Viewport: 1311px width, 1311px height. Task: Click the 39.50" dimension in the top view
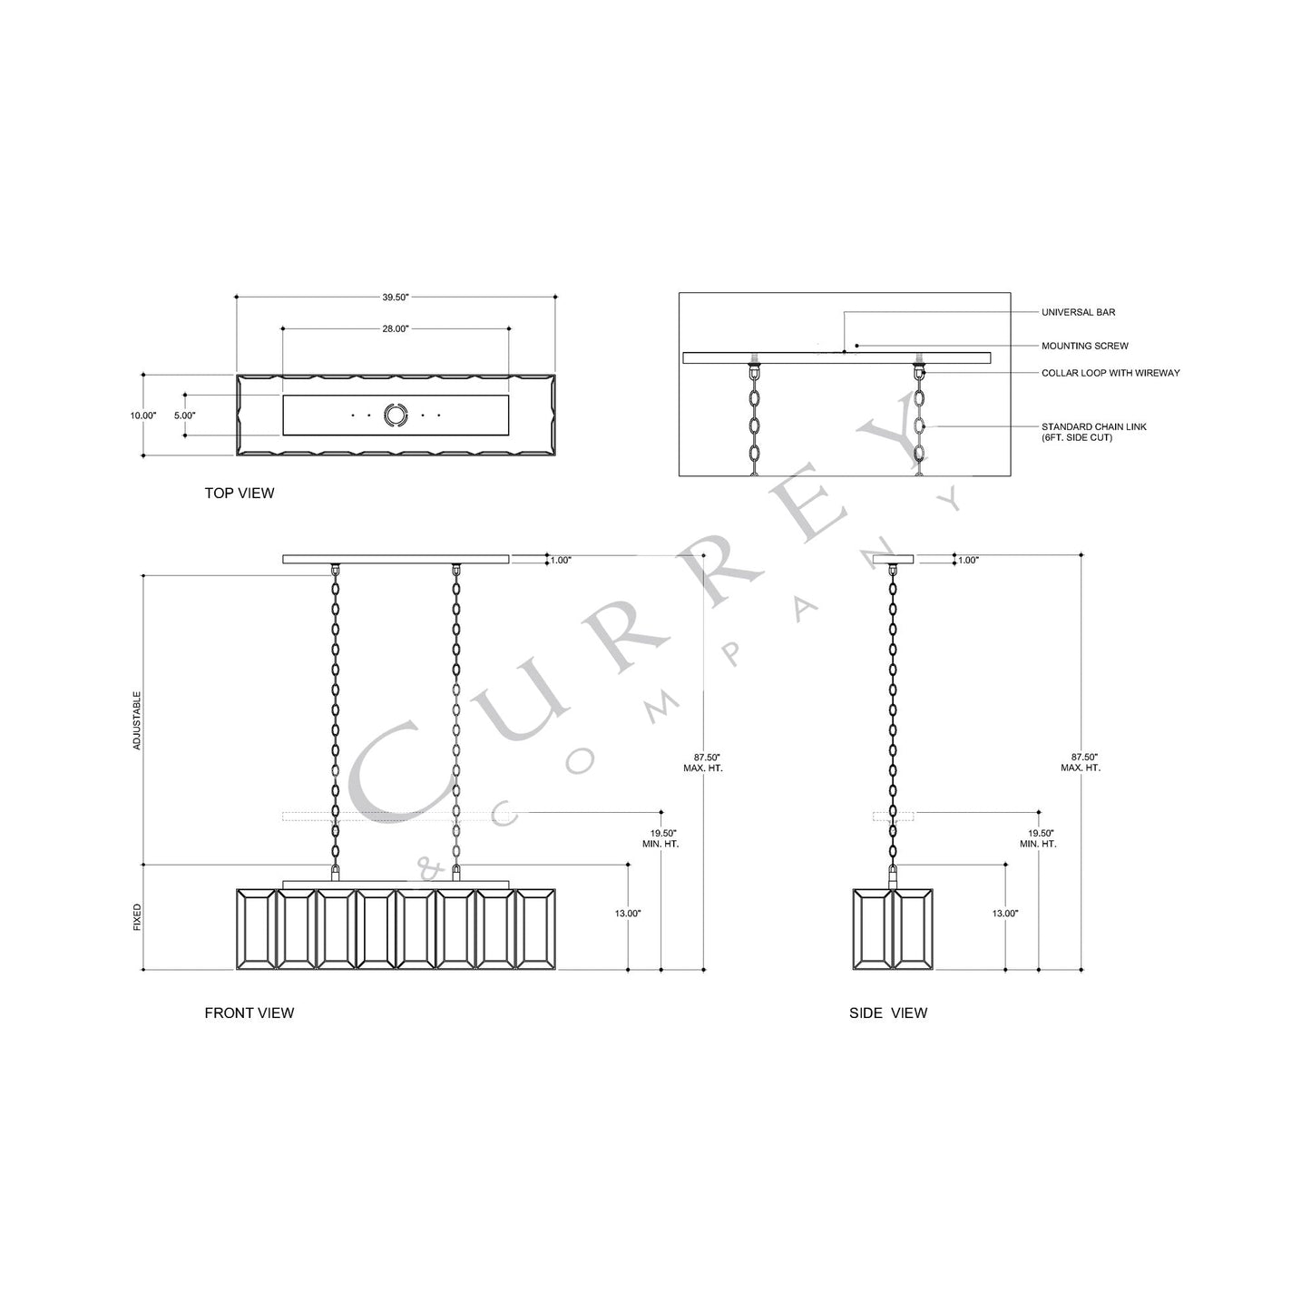click(396, 298)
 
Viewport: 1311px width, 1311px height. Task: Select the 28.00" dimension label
click(396, 328)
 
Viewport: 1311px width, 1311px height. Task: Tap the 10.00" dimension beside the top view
click(143, 416)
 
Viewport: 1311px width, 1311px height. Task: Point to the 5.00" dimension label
click(184, 416)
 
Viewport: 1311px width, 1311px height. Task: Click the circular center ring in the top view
click(396, 416)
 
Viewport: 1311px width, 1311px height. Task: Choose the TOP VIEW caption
click(240, 494)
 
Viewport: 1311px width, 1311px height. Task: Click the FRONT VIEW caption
click(249, 1013)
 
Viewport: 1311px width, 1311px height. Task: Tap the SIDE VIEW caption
click(888, 1013)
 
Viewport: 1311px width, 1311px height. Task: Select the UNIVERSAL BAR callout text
click(1079, 312)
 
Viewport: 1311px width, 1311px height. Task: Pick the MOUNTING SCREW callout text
click(1085, 346)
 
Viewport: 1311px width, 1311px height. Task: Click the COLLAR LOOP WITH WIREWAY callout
click(1110, 373)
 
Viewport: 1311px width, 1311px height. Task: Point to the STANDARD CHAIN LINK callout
click(1093, 432)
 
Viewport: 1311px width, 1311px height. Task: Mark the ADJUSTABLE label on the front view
click(138, 720)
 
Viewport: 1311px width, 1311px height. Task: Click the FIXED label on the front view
click(138, 917)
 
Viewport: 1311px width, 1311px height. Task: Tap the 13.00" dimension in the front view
click(628, 914)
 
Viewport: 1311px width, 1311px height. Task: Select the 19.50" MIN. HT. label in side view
click(1040, 838)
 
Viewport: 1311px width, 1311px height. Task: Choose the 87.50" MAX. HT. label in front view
click(703, 762)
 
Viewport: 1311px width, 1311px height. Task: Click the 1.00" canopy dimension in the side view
click(968, 561)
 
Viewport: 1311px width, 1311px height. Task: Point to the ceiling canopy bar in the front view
click(396, 559)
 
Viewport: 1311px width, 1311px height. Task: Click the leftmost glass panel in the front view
click(255, 929)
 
